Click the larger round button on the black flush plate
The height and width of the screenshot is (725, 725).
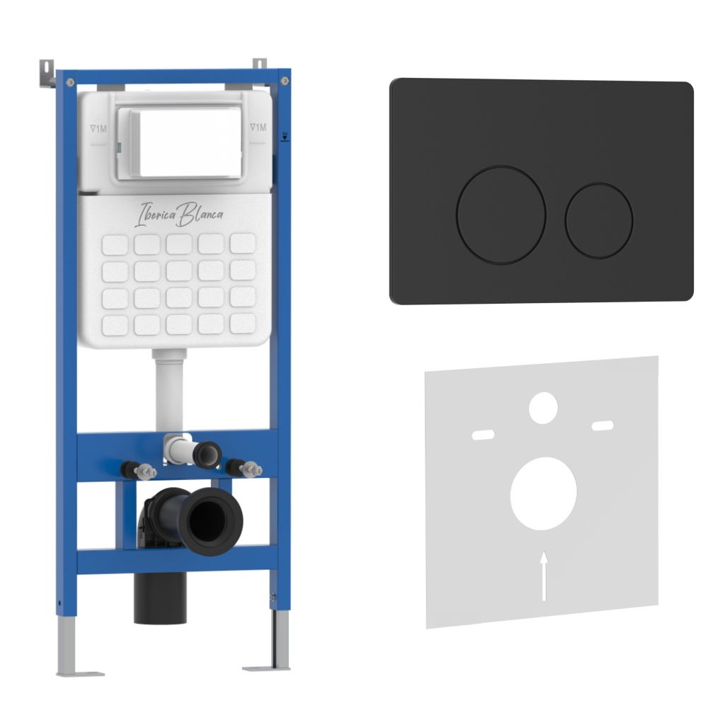tap(501, 215)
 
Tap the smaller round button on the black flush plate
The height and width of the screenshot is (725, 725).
tap(599, 221)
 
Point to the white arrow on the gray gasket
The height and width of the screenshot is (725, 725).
tap(544, 576)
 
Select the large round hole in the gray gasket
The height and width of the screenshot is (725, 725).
tap(543, 493)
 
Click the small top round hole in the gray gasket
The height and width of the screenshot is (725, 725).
tap(543, 408)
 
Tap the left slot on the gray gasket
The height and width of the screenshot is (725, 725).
tap(483, 435)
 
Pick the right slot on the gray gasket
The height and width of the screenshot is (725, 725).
tap(603, 426)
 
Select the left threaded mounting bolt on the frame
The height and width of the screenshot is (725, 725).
tap(138, 471)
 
